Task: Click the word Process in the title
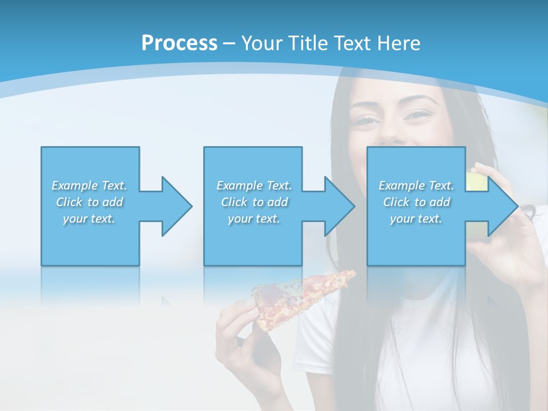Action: point(179,43)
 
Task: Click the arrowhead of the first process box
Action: point(177,206)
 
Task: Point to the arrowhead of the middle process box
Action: point(340,206)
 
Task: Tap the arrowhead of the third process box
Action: point(503,206)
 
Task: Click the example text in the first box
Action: point(90,202)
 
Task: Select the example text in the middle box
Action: point(254,202)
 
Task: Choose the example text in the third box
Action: point(416,202)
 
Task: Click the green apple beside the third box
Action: point(477,182)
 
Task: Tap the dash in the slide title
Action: point(229,43)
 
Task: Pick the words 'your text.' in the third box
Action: point(416,219)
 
